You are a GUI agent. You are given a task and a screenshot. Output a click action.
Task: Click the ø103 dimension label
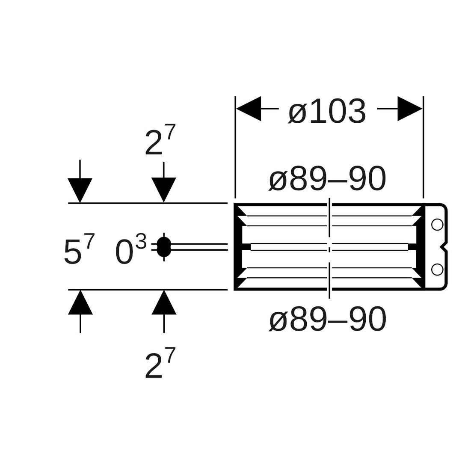[x=327, y=112]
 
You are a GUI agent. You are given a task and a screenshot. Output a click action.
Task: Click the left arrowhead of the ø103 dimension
[x=249, y=109]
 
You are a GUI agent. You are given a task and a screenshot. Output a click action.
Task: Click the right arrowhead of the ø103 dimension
[x=409, y=109]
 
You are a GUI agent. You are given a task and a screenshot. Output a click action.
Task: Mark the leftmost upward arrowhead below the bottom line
[x=80, y=303]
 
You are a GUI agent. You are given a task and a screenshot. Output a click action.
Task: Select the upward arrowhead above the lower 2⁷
[x=164, y=303]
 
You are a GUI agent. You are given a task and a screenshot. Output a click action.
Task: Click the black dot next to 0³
[x=164, y=247]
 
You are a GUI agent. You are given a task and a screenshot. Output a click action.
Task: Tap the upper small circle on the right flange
[x=437, y=224]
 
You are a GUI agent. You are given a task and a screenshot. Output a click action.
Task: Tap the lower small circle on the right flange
[x=437, y=269]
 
